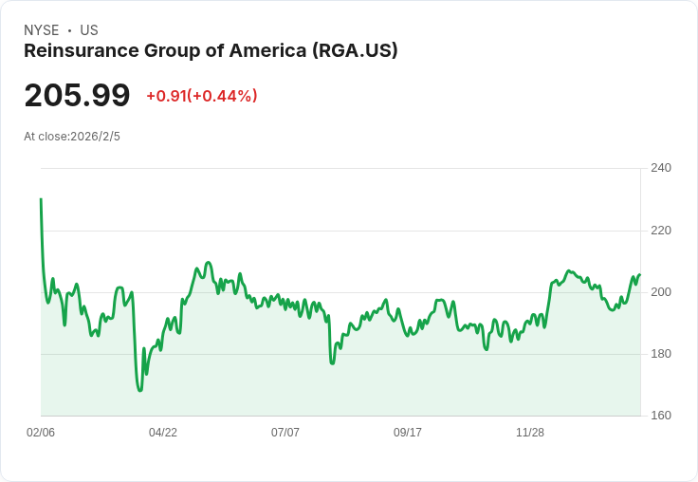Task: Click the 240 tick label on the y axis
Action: [661, 168]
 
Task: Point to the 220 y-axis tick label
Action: [661, 231]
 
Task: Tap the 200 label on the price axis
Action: [661, 292]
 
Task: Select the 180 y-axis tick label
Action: [661, 354]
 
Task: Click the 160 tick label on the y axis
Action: [661, 416]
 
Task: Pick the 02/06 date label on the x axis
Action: [41, 433]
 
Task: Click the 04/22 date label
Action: [163, 433]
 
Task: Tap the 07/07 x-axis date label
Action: [285, 433]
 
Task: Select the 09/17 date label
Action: [407, 433]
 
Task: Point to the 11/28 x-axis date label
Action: [530, 433]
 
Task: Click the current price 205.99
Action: [77, 95]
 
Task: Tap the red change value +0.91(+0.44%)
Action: [202, 96]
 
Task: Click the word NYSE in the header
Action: [42, 30]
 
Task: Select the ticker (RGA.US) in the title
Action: [355, 51]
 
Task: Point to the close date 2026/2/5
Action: [95, 137]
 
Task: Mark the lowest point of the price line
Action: [140, 391]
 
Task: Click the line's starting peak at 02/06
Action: [41, 198]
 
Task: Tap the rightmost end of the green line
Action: [640, 274]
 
